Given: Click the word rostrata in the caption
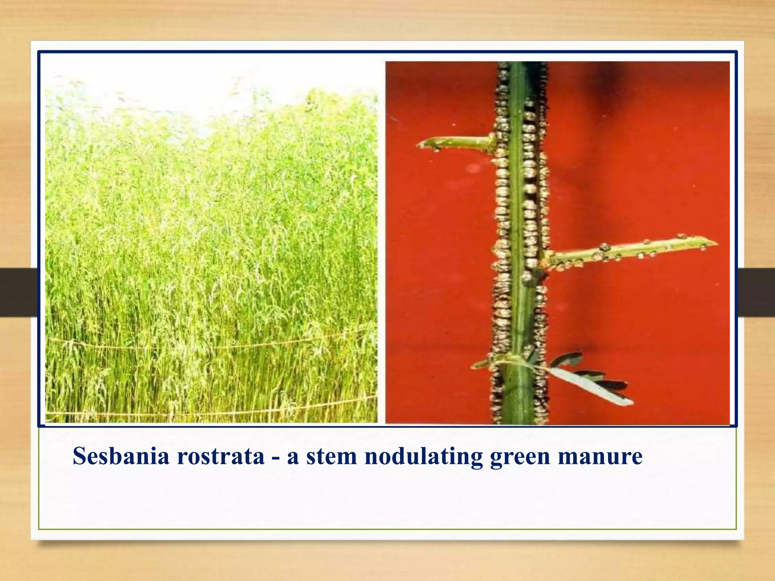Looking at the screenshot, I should coord(221,456).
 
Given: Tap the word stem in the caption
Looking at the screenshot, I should coord(331,456).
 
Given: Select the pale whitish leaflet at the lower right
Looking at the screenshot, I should coord(590,386).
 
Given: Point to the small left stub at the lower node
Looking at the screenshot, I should coord(478,365).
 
